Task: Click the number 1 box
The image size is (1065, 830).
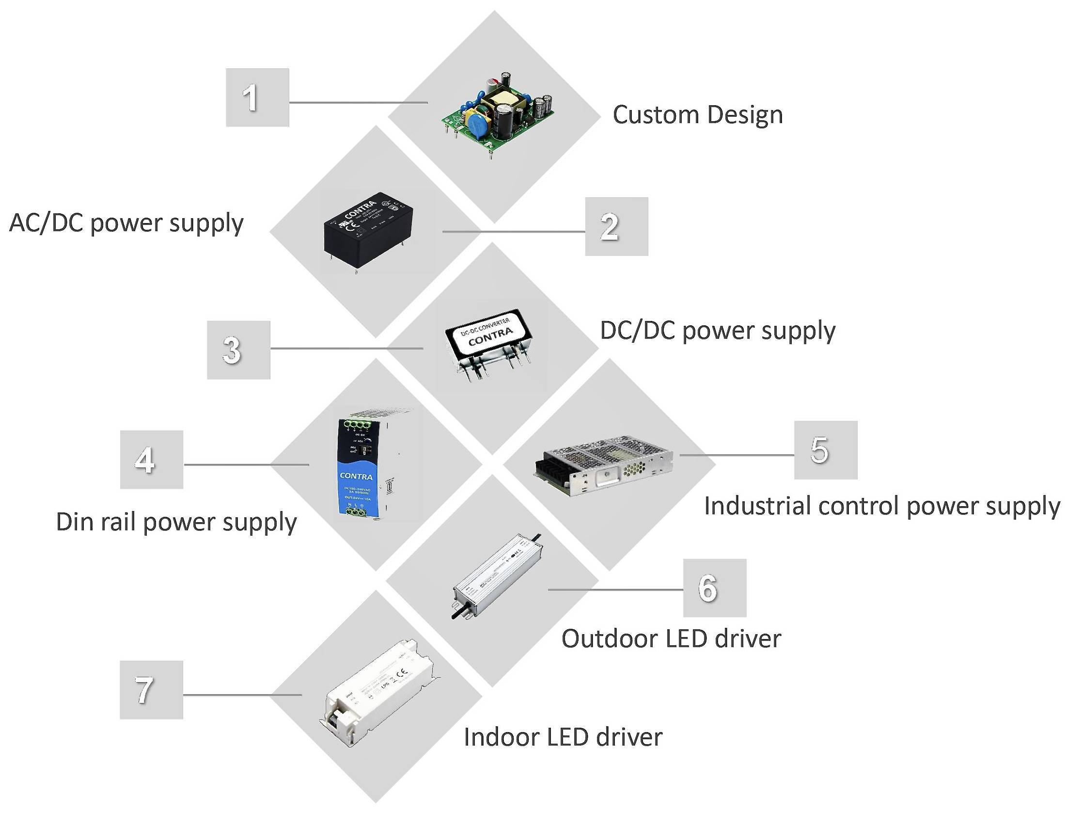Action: pos(257,97)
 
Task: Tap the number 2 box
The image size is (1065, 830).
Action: pos(616,226)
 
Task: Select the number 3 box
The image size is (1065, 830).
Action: pos(238,350)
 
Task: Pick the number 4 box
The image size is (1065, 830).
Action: pos(152,460)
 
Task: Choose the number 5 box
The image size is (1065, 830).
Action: pos(826,450)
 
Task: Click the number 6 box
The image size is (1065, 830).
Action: pos(714,588)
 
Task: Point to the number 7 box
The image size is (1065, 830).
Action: pos(152,689)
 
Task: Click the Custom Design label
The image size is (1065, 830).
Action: pos(698,115)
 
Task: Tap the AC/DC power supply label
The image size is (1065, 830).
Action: pos(126,223)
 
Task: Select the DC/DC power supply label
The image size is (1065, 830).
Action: pos(717,331)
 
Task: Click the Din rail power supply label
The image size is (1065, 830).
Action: pos(176,522)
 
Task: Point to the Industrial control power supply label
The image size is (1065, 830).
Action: pos(882,506)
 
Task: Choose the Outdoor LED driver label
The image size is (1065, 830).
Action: pos(671,638)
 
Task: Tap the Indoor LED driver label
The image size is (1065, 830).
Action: pos(563,737)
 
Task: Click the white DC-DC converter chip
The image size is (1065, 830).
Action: pos(488,334)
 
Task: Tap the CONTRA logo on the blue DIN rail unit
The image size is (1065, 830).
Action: pos(356,476)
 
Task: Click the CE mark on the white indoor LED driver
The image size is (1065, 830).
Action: pos(402,675)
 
